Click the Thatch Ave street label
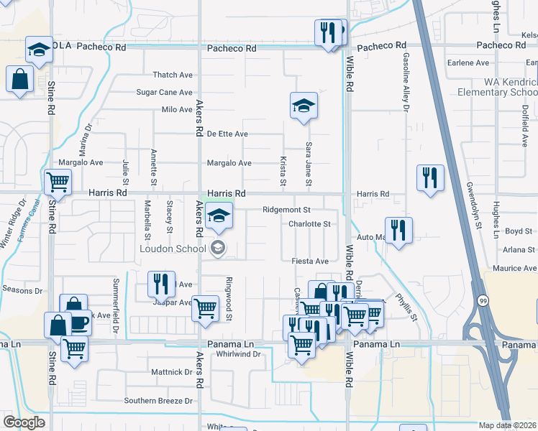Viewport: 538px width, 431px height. (173, 75)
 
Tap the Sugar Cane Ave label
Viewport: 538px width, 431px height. (165, 92)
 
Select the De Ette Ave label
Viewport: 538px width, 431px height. (227, 134)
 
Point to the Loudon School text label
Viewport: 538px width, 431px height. (173, 249)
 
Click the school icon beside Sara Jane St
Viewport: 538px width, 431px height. (304, 106)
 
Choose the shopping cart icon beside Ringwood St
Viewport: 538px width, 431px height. (206, 308)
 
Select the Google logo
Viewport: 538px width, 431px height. (24, 422)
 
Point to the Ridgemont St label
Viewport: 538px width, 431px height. (286, 210)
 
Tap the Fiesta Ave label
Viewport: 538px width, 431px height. (310, 261)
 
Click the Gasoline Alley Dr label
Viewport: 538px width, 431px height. (406, 83)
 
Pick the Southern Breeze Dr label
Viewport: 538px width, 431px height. (159, 400)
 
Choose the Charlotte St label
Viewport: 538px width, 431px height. (309, 223)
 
